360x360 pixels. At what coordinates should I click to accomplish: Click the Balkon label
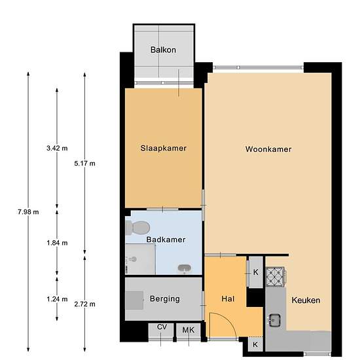[163, 50]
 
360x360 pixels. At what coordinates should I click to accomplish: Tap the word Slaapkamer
[164, 149]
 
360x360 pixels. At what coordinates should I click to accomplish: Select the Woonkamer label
[268, 149]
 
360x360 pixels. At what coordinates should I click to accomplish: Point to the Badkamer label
[166, 240]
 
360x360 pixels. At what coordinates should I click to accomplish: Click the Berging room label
[165, 299]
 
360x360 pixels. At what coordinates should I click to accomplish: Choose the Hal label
[228, 298]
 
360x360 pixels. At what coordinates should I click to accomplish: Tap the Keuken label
[306, 300]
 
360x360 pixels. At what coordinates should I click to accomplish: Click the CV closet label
[162, 327]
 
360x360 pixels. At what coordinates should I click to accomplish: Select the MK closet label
[189, 330]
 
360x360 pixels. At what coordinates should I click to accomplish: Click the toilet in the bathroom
[137, 228]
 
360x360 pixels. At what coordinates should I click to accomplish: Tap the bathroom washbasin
[185, 268]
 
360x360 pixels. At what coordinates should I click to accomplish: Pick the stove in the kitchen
[276, 277]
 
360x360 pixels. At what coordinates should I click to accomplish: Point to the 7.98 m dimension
[28, 212]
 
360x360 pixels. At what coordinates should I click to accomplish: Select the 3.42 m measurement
[57, 149]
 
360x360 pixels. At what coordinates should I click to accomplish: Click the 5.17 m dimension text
[84, 164]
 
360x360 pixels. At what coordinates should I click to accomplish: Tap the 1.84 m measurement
[57, 243]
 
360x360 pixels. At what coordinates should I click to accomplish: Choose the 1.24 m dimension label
[57, 299]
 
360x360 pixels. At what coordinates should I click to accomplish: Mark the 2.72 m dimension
[84, 304]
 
